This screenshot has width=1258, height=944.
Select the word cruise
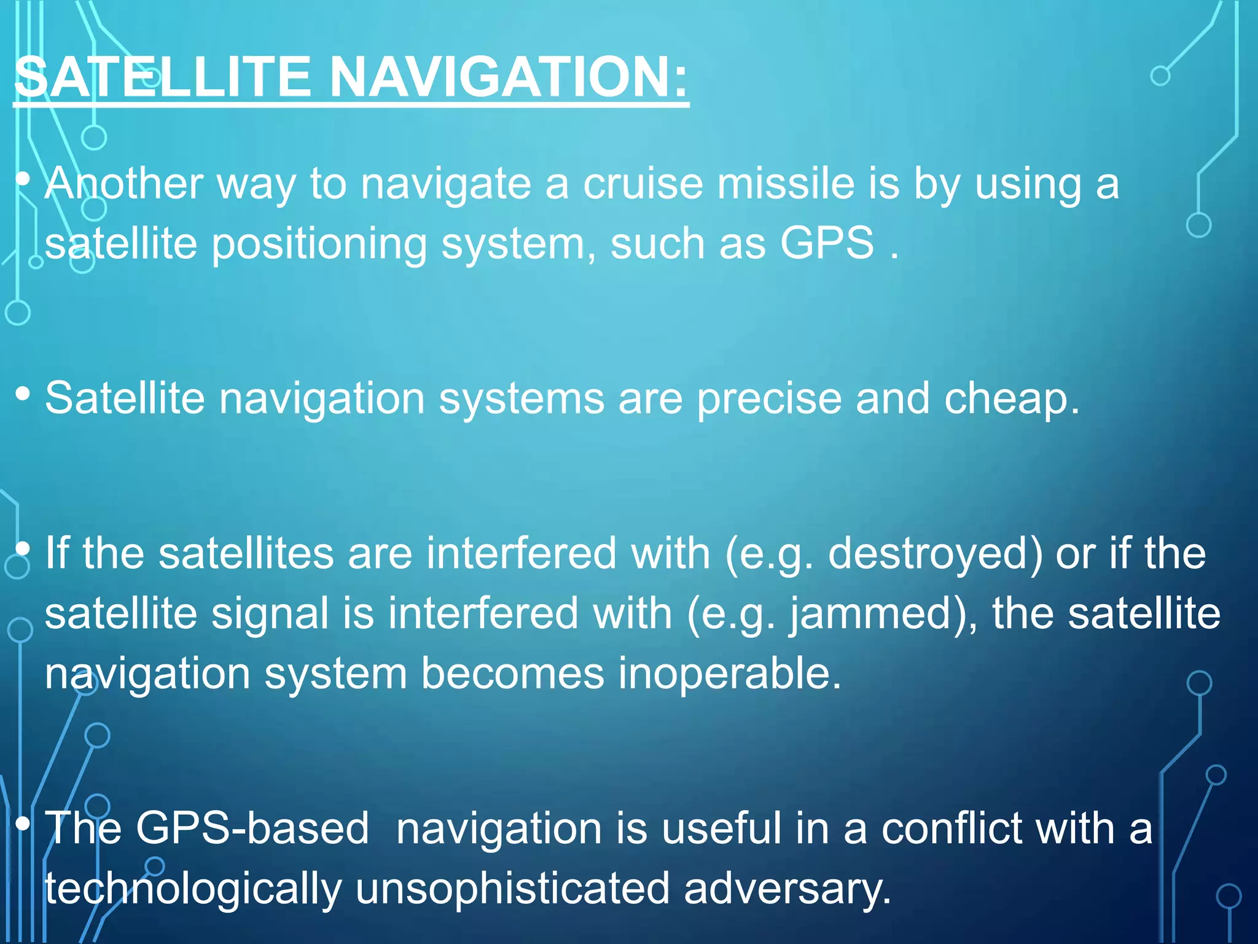point(643,184)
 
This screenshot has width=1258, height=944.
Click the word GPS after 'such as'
point(827,243)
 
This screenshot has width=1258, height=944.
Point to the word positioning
point(319,245)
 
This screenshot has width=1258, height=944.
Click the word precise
point(768,399)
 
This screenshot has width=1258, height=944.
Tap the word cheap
point(1011,399)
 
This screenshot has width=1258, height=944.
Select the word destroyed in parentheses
point(934,554)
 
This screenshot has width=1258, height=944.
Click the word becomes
point(512,674)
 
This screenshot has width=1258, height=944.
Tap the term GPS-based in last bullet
point(252,828)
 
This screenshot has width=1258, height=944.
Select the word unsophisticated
point(512,889)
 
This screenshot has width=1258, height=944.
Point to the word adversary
point(786,889)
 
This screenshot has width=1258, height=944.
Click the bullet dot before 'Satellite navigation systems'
point(23,394)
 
